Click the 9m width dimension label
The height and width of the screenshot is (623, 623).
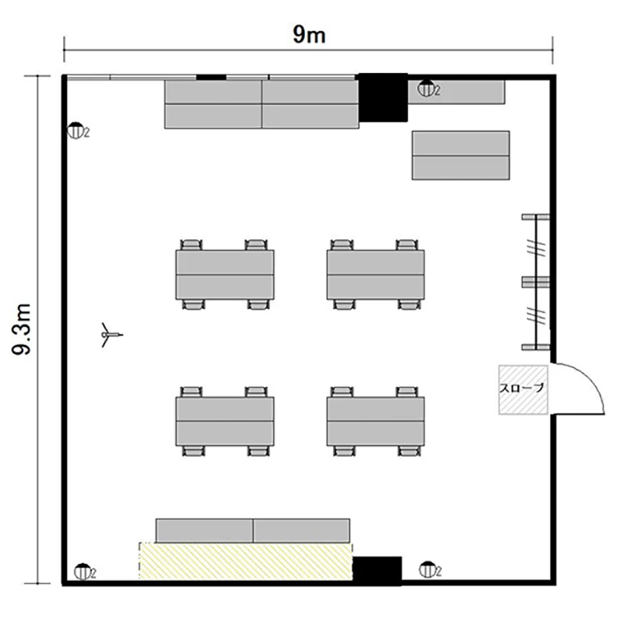click(x=309, y=34)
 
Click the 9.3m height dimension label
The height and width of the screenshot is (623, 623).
click(x=22, y=330)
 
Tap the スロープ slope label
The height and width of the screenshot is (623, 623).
click(x=522, y=388)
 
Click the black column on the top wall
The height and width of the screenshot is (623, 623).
click(x=383, y=97)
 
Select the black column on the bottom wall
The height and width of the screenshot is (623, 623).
click(x=377, y=571)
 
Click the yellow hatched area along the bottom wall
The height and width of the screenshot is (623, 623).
click(x=246, y=561)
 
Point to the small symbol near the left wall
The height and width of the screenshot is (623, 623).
click(x=110, y=335)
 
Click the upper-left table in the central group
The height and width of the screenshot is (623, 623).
click(x=225, y=275)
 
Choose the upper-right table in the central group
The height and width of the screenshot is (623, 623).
click(x=375, y=275)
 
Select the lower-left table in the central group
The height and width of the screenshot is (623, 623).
click(x=225, y=421)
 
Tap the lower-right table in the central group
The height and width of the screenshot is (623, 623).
click(x=375, y=421)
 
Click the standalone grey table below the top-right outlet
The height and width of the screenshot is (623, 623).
click(x=461, y=155)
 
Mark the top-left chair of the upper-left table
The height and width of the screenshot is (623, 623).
click(x=192, y=245)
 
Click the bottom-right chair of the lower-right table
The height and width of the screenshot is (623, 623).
click(x=409, y=450)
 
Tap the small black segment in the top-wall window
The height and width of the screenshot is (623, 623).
click(x=211, y=77)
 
